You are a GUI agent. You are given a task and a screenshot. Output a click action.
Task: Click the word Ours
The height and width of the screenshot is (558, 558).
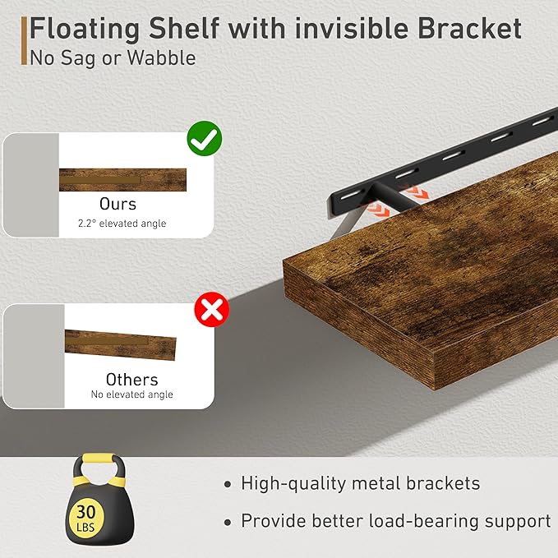118,203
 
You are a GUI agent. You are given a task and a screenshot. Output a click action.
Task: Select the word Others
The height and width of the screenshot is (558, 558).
131,379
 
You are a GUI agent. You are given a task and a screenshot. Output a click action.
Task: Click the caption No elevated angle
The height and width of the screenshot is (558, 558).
131,395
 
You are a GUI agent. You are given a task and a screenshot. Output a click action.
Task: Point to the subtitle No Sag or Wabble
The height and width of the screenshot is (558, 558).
113,58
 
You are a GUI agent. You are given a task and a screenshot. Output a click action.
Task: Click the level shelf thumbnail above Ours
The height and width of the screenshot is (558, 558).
122,179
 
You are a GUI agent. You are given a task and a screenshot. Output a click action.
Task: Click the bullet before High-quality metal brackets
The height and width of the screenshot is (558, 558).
228,485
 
